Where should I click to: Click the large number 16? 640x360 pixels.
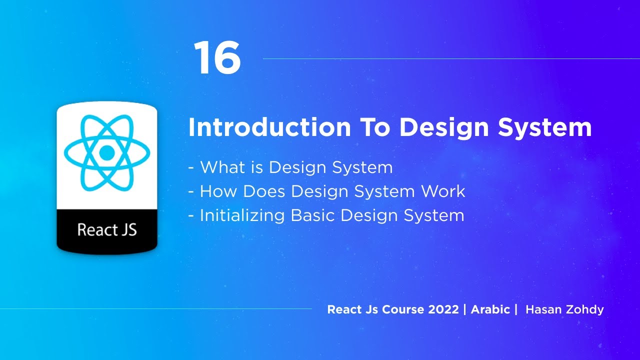217,58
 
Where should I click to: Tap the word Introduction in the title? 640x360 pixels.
270,128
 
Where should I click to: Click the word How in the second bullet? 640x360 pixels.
218,191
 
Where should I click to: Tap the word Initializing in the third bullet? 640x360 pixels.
242,215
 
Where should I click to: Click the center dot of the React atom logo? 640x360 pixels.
107,152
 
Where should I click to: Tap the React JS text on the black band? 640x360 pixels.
107,230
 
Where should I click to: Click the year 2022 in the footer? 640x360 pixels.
443,309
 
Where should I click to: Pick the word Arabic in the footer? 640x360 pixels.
490,309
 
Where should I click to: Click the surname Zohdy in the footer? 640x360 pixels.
584,309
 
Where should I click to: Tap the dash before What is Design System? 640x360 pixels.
191,168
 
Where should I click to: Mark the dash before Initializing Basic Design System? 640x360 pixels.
191,216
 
